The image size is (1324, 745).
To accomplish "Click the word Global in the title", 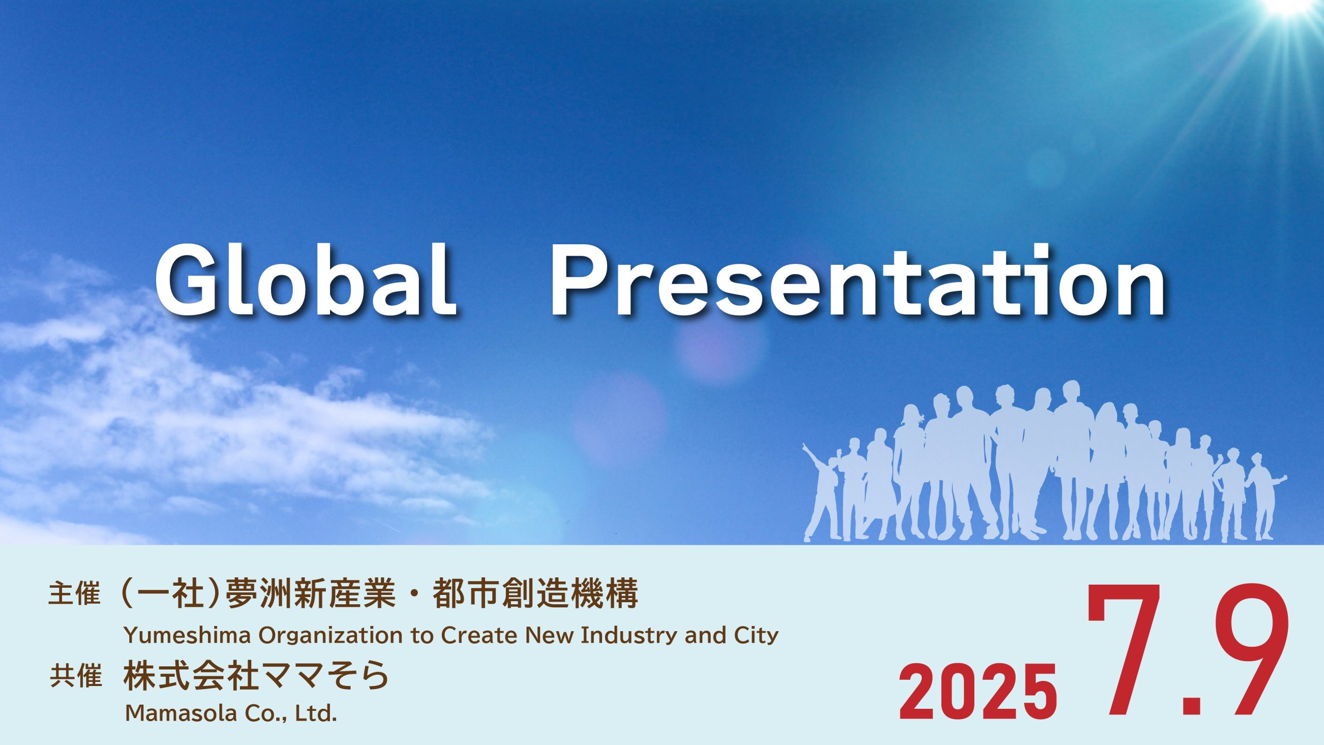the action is pyautogui.click(x=305, y=280).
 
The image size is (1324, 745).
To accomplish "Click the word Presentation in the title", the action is pyautogui.click(x=858, y=280).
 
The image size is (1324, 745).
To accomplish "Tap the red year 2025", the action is pyautogui.click(x=978, y=692).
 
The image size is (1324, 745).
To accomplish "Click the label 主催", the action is pyautogui.click(x=74, y=593).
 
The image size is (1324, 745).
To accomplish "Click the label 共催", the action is pyautogui.click(x=76, y=676).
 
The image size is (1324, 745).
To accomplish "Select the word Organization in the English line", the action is pyautogui.click(x=330, y=636).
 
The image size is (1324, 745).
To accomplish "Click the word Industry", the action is pyautogui.click(x=629, y=636).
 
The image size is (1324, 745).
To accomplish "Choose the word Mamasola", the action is pyautogui.click(x=182, y=713).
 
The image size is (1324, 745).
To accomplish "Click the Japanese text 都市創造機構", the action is pyautogui.click(x=535, y=593).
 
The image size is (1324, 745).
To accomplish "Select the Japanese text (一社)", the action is pyautogui.click(x=170, y=593).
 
